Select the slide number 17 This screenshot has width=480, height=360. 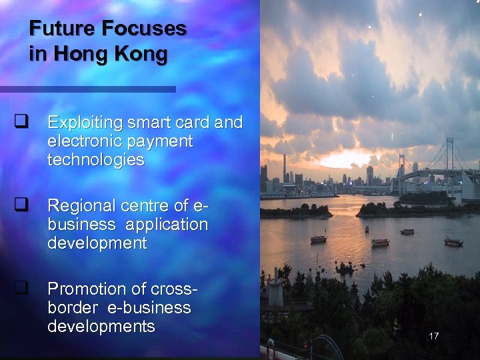(x=434, y=336)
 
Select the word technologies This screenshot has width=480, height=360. (x=95, y=160)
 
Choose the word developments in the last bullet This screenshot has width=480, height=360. (x=101, y=327)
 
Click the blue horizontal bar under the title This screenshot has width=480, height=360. (x=87, y=89)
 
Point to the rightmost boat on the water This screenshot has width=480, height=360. (x=454, y=241)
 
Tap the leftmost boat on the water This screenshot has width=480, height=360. (x=319, y=239)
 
